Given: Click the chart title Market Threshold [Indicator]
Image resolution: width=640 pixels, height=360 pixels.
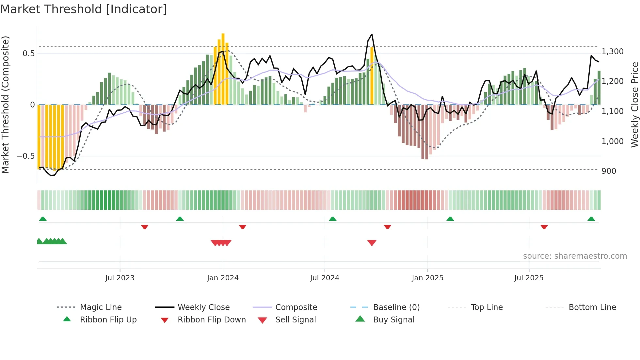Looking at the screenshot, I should pyautogui.click(x=84, y=9).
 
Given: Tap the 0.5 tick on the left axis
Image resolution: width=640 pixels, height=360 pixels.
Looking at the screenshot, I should pyautogui.click(x=28, y=53).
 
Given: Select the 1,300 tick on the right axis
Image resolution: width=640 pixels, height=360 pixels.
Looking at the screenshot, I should pyautogui.click(x=613, y=52).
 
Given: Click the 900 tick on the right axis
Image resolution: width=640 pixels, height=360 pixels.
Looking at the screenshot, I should pyautogui.click(x=609, y=171).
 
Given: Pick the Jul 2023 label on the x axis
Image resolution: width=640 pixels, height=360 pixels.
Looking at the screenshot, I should pyautogui.click(x=120, y=278).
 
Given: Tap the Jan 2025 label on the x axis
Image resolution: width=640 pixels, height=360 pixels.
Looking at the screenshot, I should pyautogui.click(x=427, y=278).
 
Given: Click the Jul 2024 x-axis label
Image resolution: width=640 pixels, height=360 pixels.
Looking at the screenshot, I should pyautogui.click(x=325, y=278).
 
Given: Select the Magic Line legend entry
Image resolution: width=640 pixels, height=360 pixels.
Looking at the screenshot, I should pyautogui.click(x=101, y=307).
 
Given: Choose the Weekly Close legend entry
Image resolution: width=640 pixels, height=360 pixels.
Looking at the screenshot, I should pyautogui.click(x=203, y=307).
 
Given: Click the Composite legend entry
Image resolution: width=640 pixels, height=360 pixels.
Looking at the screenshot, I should pyautogui.click(x=296, y=307).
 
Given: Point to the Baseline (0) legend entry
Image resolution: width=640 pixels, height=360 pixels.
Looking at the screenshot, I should pyautogui.click(x=396, y=307).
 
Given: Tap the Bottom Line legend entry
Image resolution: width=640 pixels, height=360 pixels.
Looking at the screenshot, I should pyautogui.click(x=592, y=307).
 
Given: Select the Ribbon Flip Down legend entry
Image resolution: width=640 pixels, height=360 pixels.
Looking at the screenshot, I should pyautogui.click(x=212, y=320).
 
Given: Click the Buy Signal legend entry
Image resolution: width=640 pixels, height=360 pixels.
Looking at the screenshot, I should pyautogui.click(x=393, y=320).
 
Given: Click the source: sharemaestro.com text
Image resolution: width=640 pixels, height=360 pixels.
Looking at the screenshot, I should pyautogui.click(x=575, y=256).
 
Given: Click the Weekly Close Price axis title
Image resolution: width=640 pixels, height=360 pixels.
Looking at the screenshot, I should pyautogui.click(x=634, y=105).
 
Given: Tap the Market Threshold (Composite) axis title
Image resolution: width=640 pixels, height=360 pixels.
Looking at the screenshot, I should pyautogui.click(x=5, y=105).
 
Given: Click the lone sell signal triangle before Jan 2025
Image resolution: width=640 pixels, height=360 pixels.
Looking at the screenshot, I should pyautogui.click(x=372, y=243).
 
